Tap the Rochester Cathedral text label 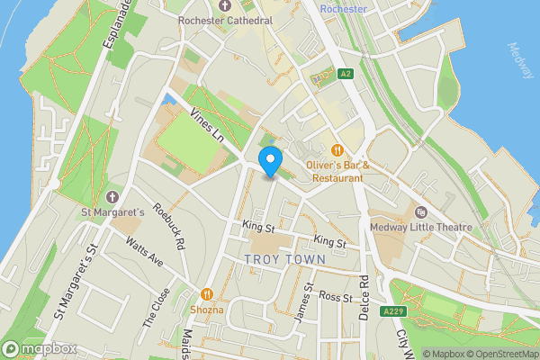225,21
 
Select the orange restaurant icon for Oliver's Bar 337,149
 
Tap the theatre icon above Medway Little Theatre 420,211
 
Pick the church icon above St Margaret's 112,196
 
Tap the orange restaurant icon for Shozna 207,293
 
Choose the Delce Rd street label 364,297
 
